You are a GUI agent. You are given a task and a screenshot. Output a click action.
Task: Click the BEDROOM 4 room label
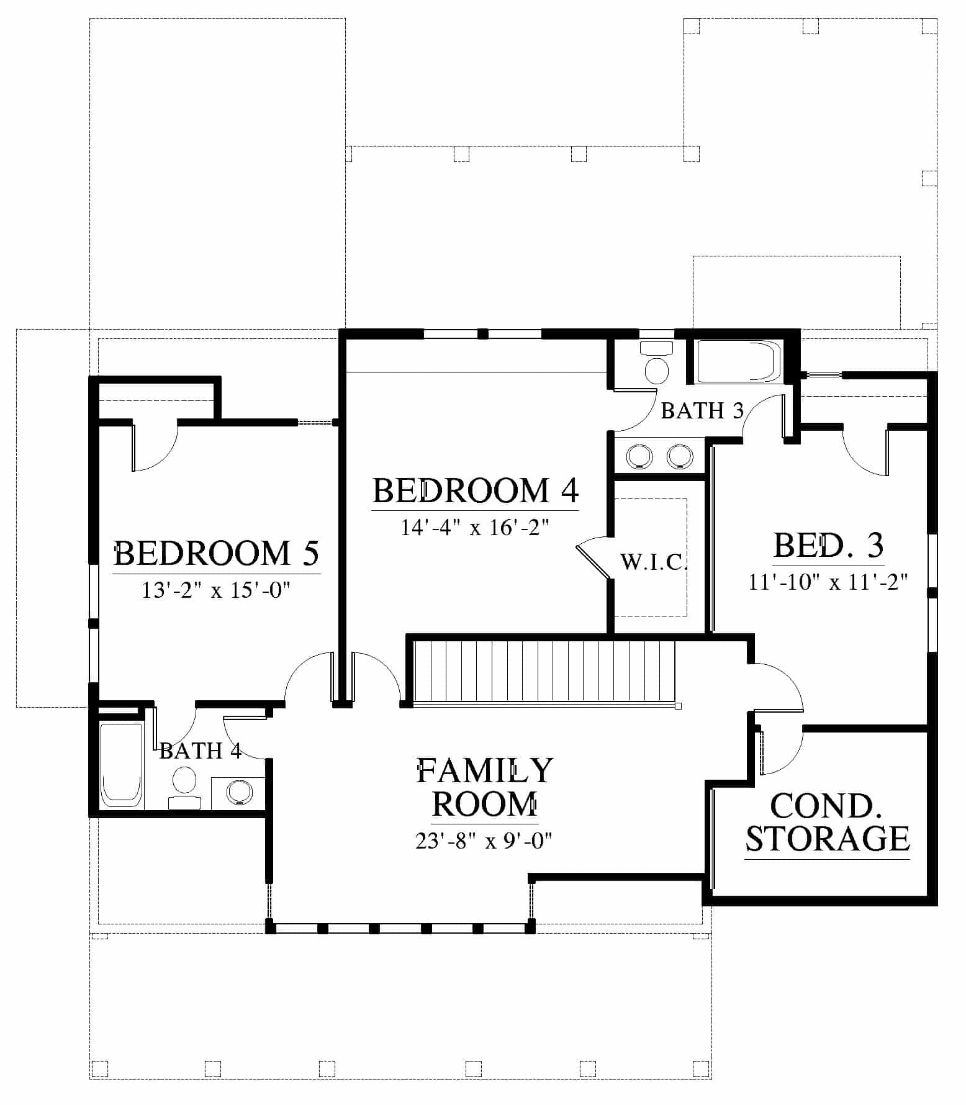pyautogui.click(x=476, y=490)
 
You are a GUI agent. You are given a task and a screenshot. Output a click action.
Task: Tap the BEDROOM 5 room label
pyautogui.click(x=217, y=552)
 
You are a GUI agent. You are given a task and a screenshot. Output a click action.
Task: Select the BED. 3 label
pyautogui.click(x=828, y=546)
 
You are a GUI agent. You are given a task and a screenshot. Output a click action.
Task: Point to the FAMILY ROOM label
pyautogui.click(x=484, y=787)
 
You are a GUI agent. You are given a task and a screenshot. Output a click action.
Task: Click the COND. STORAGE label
pyautogui.click(x=828, y=823)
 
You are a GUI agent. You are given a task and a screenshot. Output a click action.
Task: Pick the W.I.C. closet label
pyautogui.click(x=654, y=562)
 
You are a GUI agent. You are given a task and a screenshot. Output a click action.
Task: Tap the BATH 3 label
pyautogui.click(x=702, y=410)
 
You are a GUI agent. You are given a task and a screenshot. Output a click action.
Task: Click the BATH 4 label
pyautogui.click(x=200, y=751)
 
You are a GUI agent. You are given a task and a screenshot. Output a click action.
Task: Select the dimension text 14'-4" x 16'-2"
pyautogui.click(x=476, y=528)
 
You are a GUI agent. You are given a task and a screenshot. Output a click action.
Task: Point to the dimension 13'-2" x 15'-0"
pyautogui.click(x=217, y=590)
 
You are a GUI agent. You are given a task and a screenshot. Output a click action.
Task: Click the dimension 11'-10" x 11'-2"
pyautogui.click(x=828, y=582)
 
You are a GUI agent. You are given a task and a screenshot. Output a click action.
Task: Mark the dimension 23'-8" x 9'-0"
pyautogui.click(x=484, y=841)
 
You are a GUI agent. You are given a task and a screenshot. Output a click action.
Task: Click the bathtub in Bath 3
pyautogui.click(x=736, y=361)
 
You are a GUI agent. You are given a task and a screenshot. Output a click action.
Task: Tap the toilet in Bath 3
pyautogui.click(x=656, y=364)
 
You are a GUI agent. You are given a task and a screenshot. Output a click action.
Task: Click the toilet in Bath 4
pyautogui.click(x=184, y=788)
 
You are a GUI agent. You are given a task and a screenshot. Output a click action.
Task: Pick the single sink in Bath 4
pyautogui.click(x=239, y=792)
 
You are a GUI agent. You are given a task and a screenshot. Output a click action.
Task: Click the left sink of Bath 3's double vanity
pyautogui.click(x=639, y=456)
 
